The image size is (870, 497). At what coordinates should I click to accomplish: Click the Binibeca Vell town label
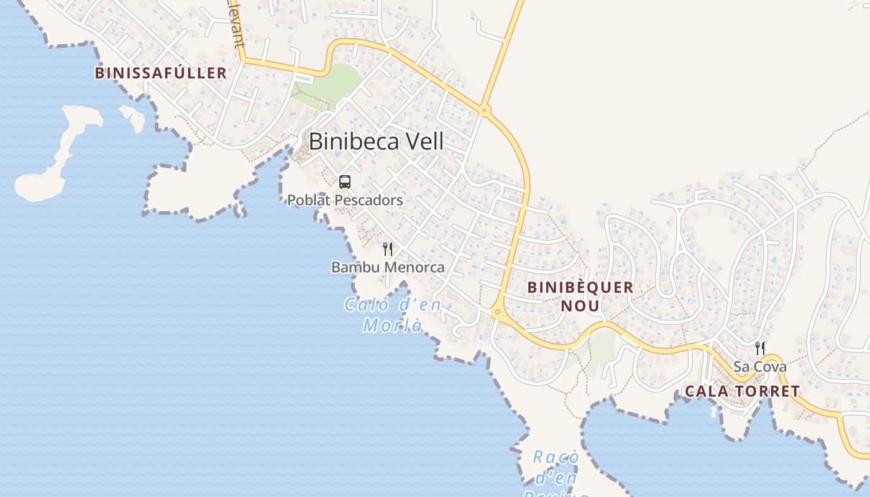coord(376,142)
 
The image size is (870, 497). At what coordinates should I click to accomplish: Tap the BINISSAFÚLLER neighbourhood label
coord(160,73)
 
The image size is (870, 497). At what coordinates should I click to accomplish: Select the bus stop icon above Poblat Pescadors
coord(345,182)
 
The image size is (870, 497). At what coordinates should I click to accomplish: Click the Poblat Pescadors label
coord(345,200)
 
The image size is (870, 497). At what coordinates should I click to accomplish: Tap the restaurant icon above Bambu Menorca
coord(388,249)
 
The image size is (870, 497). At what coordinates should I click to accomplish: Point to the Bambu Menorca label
coord(388,267)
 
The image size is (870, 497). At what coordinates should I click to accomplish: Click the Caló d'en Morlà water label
coord(393,315)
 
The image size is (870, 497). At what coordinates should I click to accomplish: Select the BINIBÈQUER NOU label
coord(580,296)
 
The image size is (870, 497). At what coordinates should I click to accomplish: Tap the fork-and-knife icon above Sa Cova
coord(759,348)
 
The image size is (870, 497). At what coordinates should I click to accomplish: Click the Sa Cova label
coord(759,367)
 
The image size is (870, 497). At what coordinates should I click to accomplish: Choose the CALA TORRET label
coord(742,391)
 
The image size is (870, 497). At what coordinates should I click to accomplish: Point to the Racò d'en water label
coord(556,467)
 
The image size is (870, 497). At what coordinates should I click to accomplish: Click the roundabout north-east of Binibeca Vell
coord(485,111)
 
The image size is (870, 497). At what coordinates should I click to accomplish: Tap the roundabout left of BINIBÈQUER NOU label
coord(497,312)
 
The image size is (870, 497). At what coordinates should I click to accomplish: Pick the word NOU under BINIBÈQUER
coord(580,306)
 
